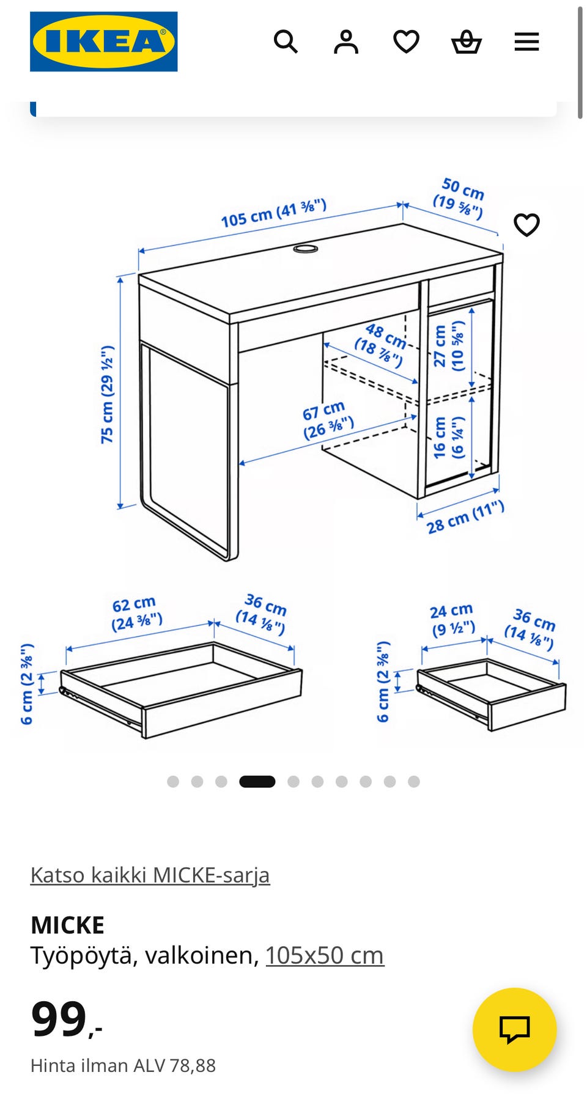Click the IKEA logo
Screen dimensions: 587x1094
pyautogui.click(x=104, y=42)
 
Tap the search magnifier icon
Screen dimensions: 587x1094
pyautogui.click(x=286, y=42)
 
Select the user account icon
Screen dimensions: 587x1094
pyautogui.click(x=346, y=42)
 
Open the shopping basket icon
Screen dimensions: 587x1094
pyautogui.click(x=467, y=42)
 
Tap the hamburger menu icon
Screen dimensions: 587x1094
pyautogui.click(x=526, y=42)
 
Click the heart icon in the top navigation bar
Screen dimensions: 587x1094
pyautogui.click(x=406, y=42)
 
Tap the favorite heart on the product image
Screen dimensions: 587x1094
pyautogui.click(x=526, y=225)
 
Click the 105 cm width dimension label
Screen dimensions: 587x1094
pyautogui.click(x=273, y=213)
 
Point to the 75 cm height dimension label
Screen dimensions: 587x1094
pyautogui.click(x=108, y=394)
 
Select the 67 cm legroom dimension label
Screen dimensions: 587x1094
pyautogui.click(x=328, y=420)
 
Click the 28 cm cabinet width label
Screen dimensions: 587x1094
pyautogui.click(x=465, y=517)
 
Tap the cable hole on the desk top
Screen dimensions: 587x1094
pyautogui.click(x=306, y=249)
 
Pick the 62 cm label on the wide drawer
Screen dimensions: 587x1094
pyautogui.click(x=136, y=614)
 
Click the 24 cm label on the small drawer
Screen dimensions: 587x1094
pyautogui.click(x=452, y=620)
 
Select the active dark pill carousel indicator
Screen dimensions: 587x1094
pyautogui.click(x=257, y=781)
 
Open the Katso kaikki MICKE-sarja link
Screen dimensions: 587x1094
pyautogui.click(x=150, y=875)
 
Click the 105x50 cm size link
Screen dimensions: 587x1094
pyautogui.click(x=325, y=955)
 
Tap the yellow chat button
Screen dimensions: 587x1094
pyautogui.click(x=515, y=1029)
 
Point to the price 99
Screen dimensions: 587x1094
pyautogui.click(x=59, y=1018)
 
